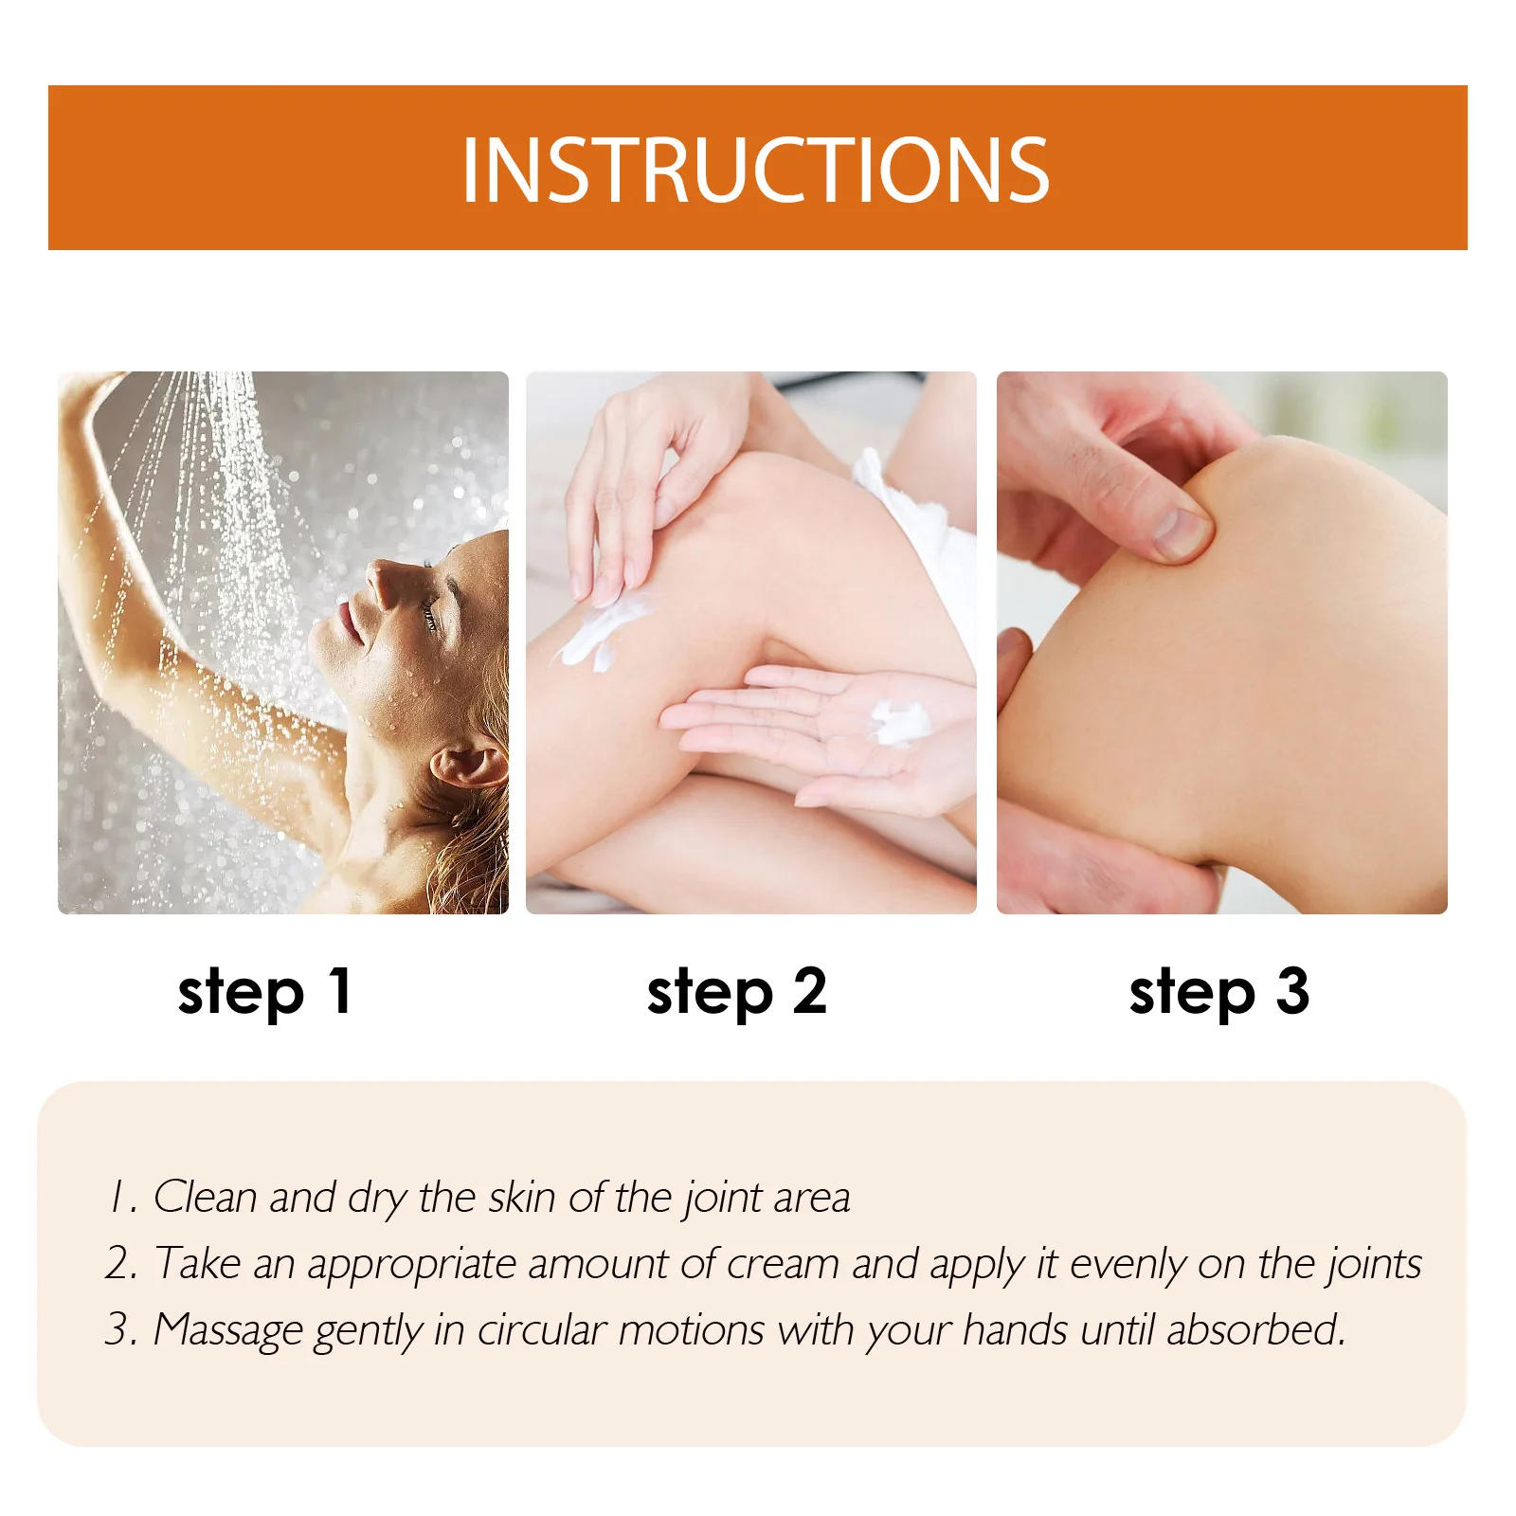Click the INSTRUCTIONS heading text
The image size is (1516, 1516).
point(755,170)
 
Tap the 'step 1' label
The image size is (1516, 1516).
point(265,992)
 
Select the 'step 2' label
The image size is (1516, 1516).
point(737,992)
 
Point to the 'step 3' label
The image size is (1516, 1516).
point(1219,992)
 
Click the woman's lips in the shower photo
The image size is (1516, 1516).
point(347,622)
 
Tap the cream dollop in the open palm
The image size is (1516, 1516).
point(899,722)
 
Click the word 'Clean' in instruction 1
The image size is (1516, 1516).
point(206,1197)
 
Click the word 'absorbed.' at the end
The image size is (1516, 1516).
point(1256,1329)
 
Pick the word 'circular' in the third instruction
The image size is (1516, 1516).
point(541,1329)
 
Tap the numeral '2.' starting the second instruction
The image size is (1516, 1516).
point(121,1264)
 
